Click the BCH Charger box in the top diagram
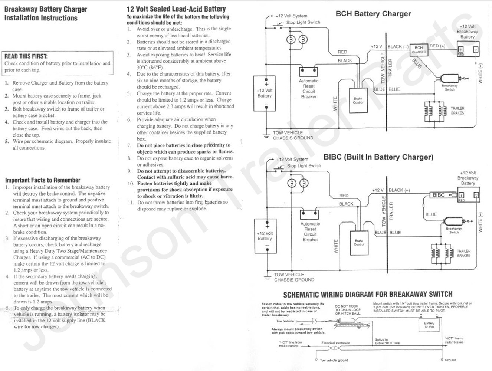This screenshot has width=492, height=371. (419, 50)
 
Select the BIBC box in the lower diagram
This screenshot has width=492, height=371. (439, 195)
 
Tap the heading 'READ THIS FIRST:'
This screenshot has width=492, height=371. (26, 56)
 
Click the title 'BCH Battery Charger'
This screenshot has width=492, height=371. (373, 14)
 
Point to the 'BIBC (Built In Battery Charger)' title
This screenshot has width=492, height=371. (378, 157)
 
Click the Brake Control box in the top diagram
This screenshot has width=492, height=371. (358, 101)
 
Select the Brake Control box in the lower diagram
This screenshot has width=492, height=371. (359, 243)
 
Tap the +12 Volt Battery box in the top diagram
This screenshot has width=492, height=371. (265, 93)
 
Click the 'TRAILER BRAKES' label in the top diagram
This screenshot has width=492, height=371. (457, 111)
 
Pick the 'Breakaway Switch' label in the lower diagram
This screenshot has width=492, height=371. (454, 230)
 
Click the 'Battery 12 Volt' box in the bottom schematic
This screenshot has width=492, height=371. (429, 325)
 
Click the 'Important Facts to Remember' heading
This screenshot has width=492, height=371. (43, 180)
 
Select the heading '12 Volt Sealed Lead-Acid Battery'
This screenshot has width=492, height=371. (176, 9)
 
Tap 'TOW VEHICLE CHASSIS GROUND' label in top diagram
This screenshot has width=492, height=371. (293, 135)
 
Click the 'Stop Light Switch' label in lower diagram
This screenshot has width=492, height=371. (304, 166)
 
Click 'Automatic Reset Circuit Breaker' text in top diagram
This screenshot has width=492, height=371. (309, 89)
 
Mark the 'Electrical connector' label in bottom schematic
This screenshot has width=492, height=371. (336, 343)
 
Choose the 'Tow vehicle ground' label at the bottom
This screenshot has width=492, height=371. (334, 360)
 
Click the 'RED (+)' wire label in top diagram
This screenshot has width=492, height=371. (437, 46)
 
